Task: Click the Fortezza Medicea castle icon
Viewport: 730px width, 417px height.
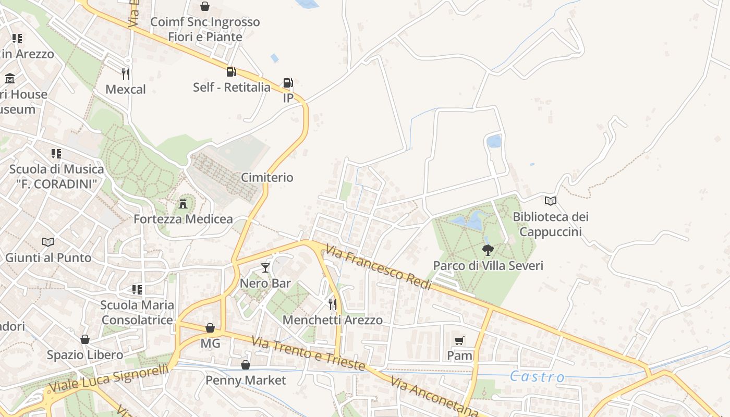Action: [x=183, y=203]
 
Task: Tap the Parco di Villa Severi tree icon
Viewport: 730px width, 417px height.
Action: [x=488, y=250]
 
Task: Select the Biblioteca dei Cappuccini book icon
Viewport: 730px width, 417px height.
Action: [x=551, y=201]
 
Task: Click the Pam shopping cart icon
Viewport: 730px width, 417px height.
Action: [x=459, y=340]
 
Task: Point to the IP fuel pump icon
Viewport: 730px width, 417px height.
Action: [x=288, y=82]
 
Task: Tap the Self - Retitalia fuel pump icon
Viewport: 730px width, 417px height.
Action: [x=231, y=71]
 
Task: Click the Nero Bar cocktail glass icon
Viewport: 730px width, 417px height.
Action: [x=265, y=268]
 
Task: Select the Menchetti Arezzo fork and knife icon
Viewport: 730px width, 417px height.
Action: [x=332, y=304]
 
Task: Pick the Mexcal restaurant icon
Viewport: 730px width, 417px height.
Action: [x=125, y=73]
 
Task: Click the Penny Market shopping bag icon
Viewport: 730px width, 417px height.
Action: [x=246, y=365]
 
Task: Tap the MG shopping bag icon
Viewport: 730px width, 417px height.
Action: [x=210, y=328]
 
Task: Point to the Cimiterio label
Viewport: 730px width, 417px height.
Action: [x=267, y=178]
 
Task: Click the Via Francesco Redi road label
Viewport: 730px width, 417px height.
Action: [x=379, y=267]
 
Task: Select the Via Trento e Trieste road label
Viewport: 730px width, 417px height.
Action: [x=308, y=354]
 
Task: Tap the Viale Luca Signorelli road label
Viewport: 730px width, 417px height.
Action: [x=109, y=378]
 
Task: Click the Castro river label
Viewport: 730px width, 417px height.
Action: [x=537, y=377]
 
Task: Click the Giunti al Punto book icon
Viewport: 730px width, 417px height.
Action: [x=48, y=242]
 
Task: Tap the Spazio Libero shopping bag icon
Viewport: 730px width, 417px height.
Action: [x=85, y=339]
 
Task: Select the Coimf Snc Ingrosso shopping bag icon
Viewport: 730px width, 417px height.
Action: [x=205, y=6]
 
